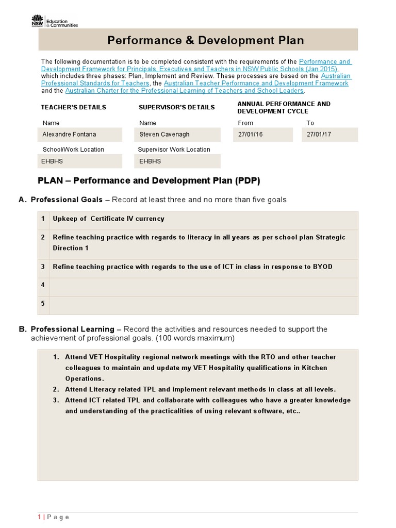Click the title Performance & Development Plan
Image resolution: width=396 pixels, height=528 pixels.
click(x=205, y=40)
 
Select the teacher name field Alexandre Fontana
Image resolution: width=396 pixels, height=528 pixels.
click(x=80, y=135)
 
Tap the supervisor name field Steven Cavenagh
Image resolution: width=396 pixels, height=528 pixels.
click(x=179, y=135)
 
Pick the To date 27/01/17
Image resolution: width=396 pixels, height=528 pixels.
click(x=329, y=135)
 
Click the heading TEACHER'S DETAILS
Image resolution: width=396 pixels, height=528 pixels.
click(x=74, y=107)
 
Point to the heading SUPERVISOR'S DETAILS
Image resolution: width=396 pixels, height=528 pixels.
click(x=177, y=107)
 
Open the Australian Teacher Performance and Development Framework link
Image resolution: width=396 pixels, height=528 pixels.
click(x=256, y=83)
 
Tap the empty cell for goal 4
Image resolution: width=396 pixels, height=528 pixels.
click(x=203, y=285)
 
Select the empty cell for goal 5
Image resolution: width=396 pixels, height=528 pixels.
click(x=203, y=304)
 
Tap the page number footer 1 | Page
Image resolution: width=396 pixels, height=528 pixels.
click(x=53, y=517)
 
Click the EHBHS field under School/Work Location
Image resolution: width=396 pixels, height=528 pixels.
click(x=80, y=161)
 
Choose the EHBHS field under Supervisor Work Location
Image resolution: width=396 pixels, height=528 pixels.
click(x=179, y=161)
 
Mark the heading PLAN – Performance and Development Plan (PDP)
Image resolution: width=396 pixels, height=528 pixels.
click(x=149, y=181)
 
